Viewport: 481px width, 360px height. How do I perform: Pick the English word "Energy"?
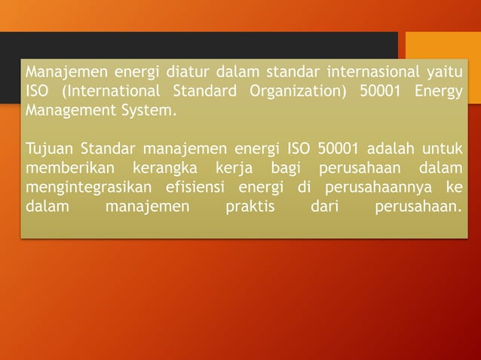438,92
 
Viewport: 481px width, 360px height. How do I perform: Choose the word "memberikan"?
66,166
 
